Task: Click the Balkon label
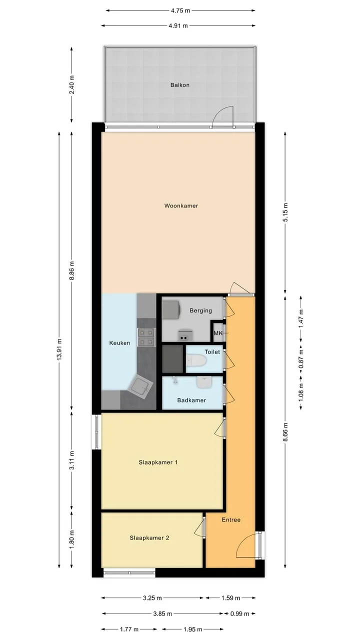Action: [x=179, y=85]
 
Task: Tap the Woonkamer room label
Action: [x=181, y=205]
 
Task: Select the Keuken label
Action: [x=119, y=343]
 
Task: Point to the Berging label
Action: [x=201, y=310]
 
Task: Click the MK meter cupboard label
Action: [x=218, y=333]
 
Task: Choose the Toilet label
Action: [x=212, y=352]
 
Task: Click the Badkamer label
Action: [x=191, y=400]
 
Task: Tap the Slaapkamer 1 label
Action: [x=158, y=462]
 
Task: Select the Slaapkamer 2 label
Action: [x=149, y=538]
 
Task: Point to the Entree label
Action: [x=231, y=519]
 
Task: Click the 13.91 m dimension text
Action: [x=59, y=349]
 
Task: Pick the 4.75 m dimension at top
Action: [x=180, y=10]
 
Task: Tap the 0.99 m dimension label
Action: [x=239, y=613]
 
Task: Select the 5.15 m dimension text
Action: [x=285, y=212]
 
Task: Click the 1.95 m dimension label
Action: [x=192, y=629]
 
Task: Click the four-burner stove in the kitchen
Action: [x=146, y=337]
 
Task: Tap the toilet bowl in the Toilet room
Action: [x=196, y=361]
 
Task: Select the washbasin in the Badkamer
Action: [x=204, y=382]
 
